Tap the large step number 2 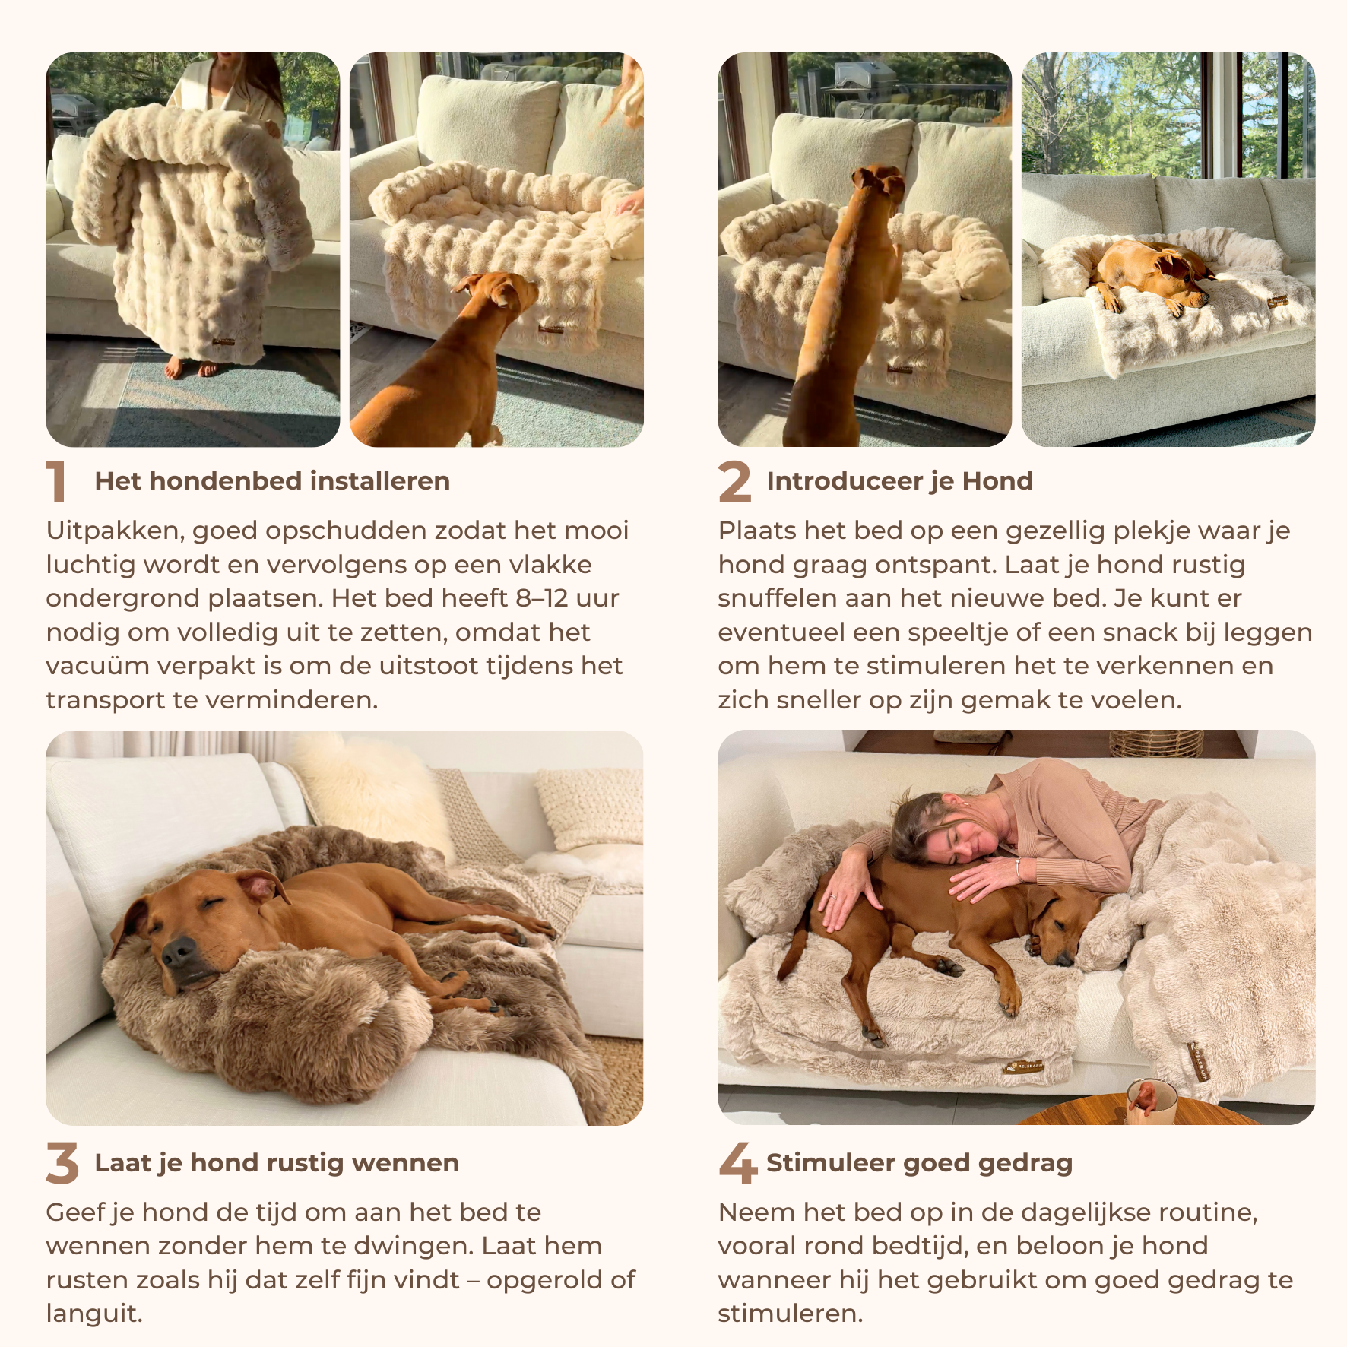(734, 481)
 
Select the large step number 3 (62, 1163)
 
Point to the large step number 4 (737, 1163)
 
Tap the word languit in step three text (94, 1314)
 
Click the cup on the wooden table (1151, 1101)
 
